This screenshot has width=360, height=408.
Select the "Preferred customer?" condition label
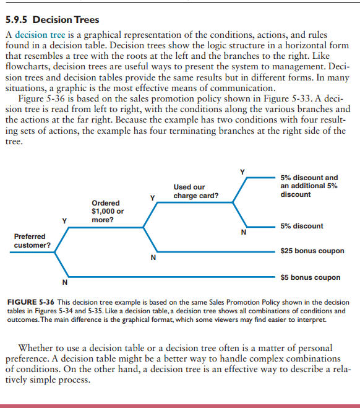click(x=32, y=241)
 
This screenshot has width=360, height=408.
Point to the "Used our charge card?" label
click(x=195, y=191)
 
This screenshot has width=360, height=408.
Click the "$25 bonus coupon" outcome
click(x=312, y=251)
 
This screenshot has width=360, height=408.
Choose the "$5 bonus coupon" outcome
click(x=310, y=277)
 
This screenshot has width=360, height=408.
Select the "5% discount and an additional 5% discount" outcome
click(x=309, y=186)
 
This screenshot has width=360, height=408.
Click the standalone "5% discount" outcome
click(x=301, y=226)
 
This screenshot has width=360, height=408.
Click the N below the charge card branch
click(x=244, y=233)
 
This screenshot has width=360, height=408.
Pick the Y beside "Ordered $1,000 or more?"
click(x=152, y=197)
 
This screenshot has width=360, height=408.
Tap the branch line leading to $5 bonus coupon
click(x=167, y=277)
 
